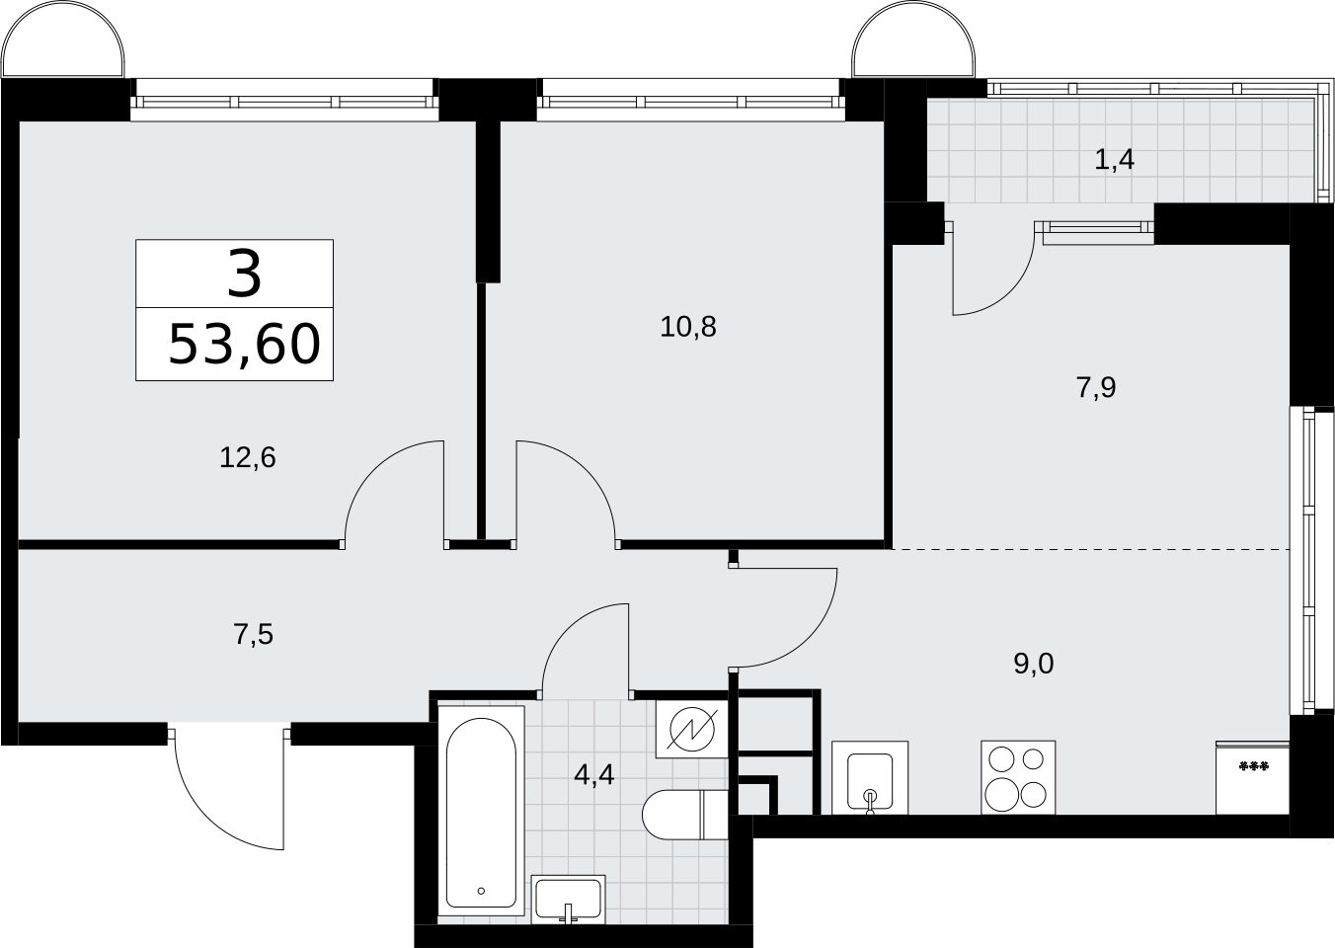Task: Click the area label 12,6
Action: click(x=247, y=458)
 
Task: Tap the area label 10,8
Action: click(x=688, y=327)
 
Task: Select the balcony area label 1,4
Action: click(x=1115, y=160)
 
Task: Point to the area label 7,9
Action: click(x=1096, y=388)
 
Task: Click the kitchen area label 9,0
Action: click(x=1034, y=664)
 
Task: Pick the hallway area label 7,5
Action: click(x=254, y=635)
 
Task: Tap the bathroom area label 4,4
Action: click(x=593, y=775)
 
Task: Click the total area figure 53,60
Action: click(x=245, y=345)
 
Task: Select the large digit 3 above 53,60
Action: click(x=244, y=275)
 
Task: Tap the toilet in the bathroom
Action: click(x=685, y=815)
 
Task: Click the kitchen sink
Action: click(x=870, y=777)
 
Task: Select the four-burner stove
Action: click(x=1018, y=777)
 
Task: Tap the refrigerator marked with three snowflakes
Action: click(x=1253, y=777)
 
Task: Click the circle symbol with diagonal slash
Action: click(x=691, y=730)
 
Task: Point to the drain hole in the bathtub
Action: click(x=481, y=908)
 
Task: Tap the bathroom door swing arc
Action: click(x=571, y=631)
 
